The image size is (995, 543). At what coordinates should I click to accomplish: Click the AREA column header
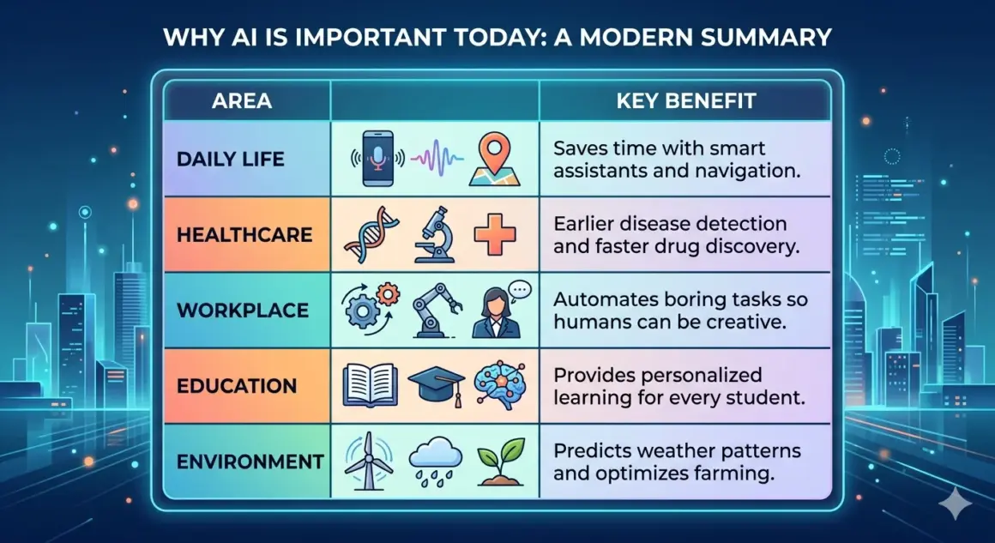pos(241,101)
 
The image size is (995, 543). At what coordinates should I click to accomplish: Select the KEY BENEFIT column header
pos(685,101)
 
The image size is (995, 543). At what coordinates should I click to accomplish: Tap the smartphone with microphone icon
pos(378,159)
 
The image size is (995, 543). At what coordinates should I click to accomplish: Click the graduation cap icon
pos(434,386)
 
